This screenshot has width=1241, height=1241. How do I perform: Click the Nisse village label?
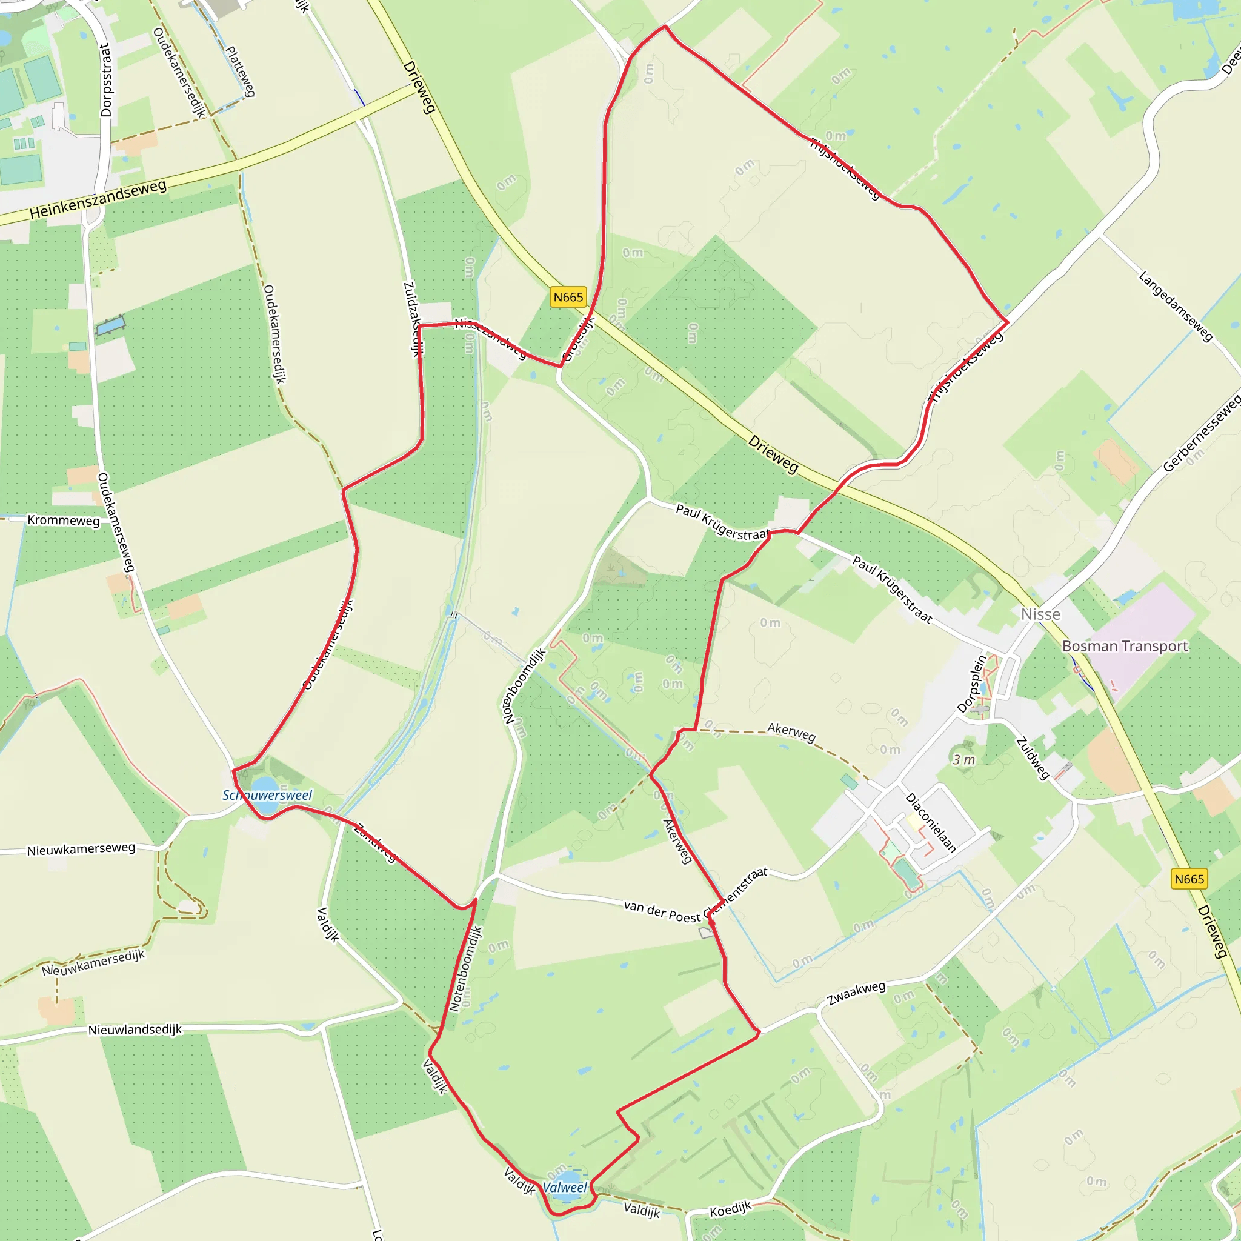click(1040, 614)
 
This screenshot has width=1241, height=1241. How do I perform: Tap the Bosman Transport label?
click(1125, 646)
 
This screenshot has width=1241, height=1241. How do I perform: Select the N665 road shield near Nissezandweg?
click(568, 297)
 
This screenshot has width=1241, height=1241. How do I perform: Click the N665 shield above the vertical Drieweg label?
click(1189, 879)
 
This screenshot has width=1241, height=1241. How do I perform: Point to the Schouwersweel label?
click(267, 795)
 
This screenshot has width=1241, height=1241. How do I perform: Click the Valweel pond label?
click(565, 1187)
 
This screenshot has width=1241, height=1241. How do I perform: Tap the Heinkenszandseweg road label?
click(98, 200)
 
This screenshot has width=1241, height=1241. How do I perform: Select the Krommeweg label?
click(64, 520)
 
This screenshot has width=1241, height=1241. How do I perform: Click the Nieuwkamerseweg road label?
click(81, 849)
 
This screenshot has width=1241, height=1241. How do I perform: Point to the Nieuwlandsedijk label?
click(135, 1029)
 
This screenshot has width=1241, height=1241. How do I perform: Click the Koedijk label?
click(730, 1209)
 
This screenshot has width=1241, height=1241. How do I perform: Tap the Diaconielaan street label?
click(931, 822)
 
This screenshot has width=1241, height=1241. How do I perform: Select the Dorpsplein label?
click(972, 683)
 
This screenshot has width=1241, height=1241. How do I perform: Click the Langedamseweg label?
click(1176, 307)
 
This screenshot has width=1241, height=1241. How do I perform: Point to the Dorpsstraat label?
click(106, 81)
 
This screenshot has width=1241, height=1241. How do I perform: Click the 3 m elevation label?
click(963, 760)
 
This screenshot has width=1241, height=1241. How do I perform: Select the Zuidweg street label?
click(1032, 759)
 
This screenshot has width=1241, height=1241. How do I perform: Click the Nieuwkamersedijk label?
click(94, 962)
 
